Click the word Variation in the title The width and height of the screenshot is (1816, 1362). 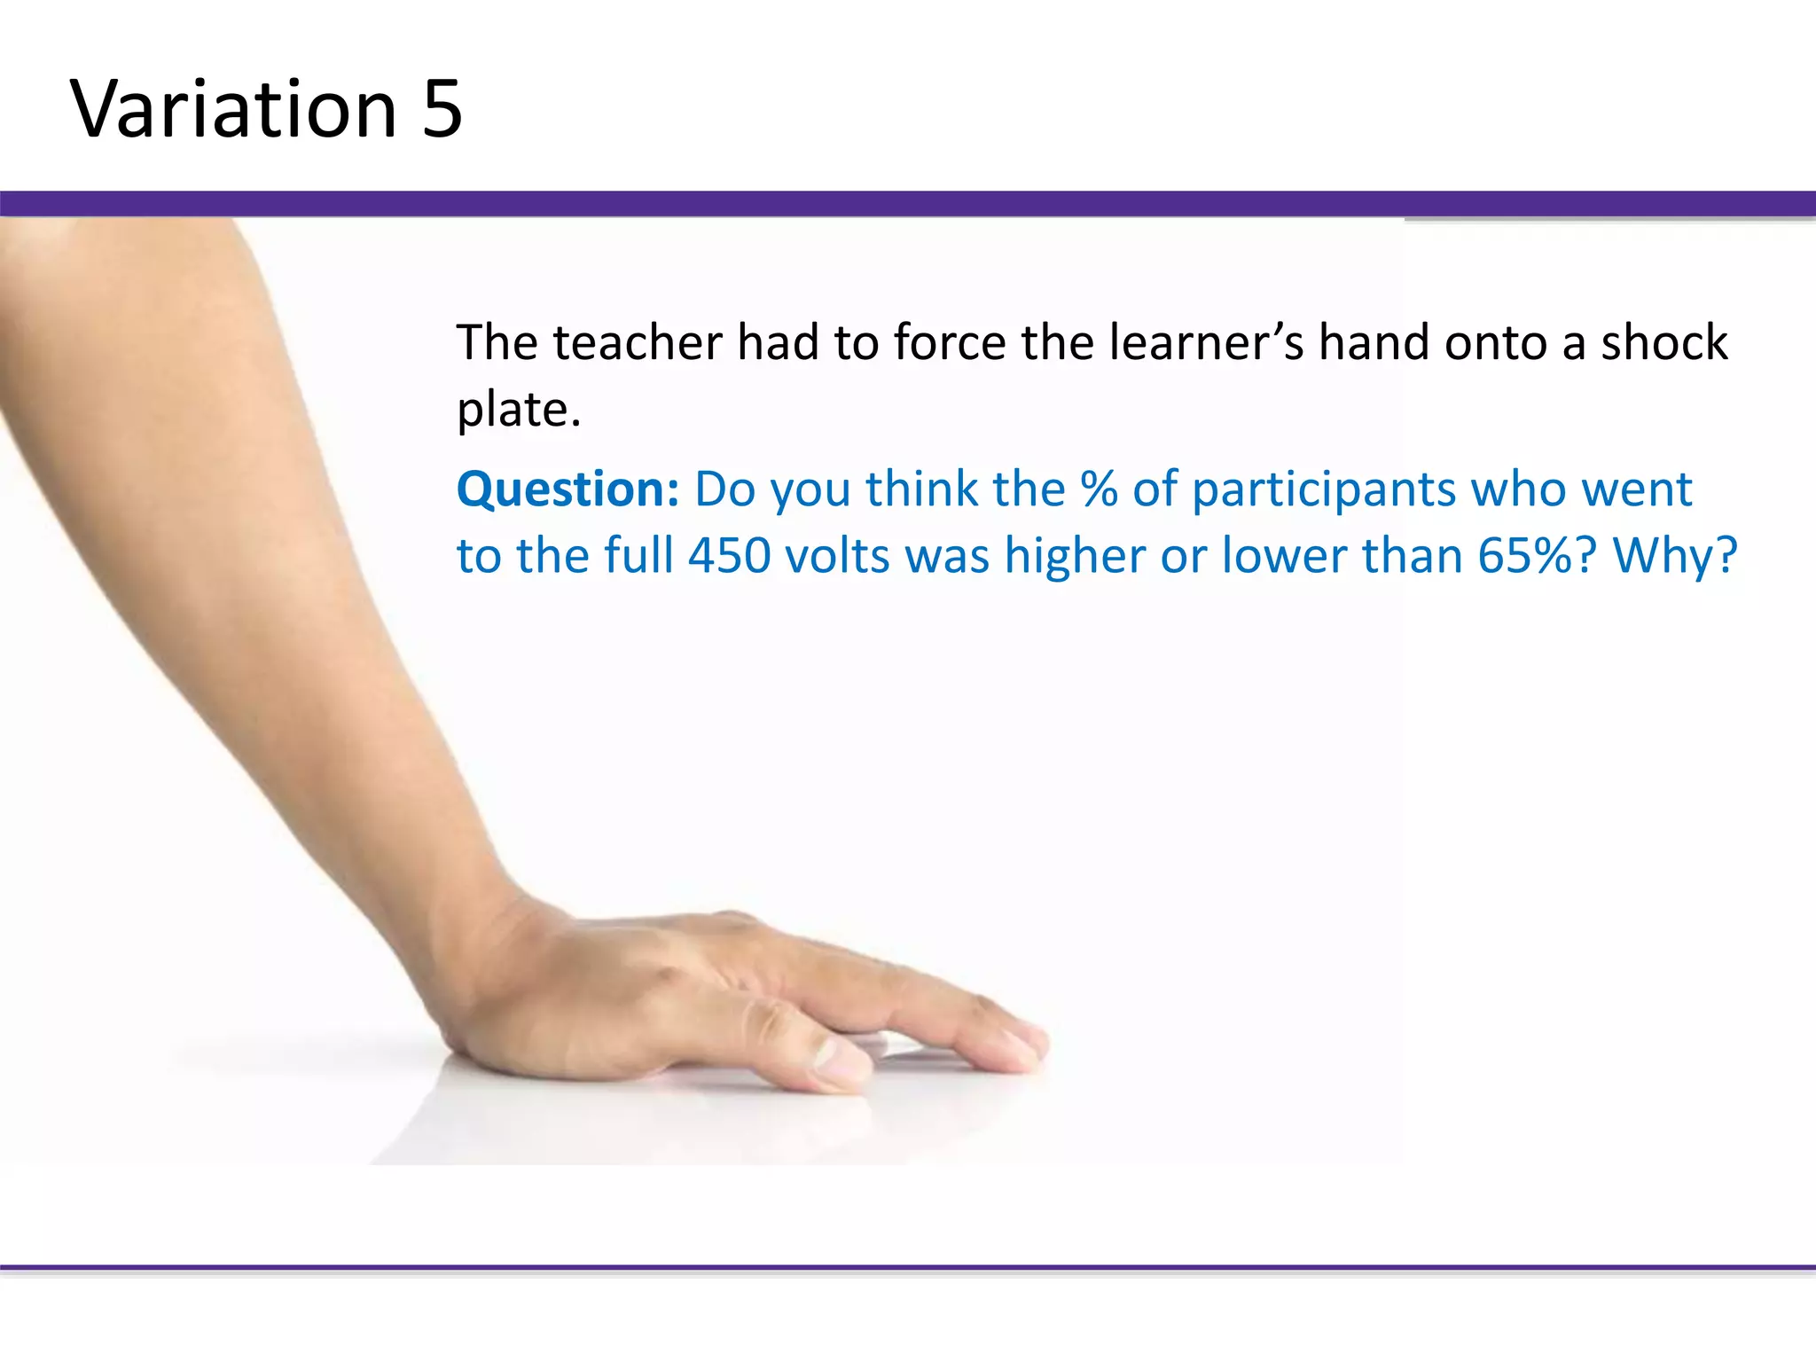pyautogui.click(x=233, y=109)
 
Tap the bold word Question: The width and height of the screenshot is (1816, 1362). pyautogui.click(x=567, y=489)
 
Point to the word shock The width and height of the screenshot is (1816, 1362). pyautogui.click(x=1664, y=342)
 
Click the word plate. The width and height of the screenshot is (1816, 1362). pyautogui.click(x=519, y=410)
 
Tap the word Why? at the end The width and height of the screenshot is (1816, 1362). pyautogui.click(x=1674, y=556)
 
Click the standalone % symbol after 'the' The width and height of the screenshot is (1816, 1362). pyautogui.click(x=1099, y=489)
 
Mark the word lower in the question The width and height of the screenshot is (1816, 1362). pyautogui.click(x=1284, y=556)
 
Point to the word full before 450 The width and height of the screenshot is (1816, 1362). pyautogui.click(x=638, y=556)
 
